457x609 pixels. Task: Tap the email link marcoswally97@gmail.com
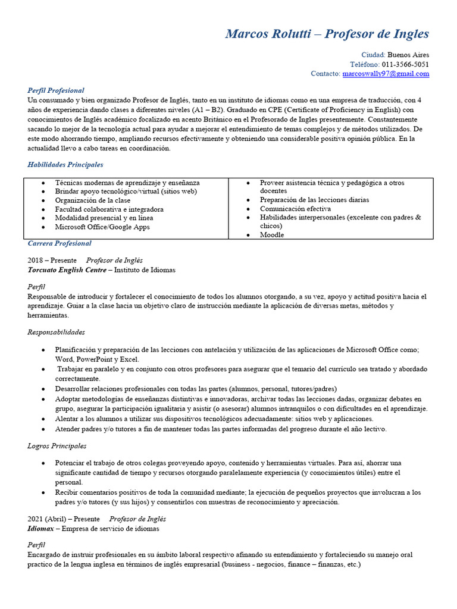click(x=386, y=74)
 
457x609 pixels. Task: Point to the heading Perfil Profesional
click(x=56, y=90)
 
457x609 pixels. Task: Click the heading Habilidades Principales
click(x=65, y=165)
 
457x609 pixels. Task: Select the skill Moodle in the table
click(x=272, y=235)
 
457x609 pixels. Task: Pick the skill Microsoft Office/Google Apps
click(x=102, y=227)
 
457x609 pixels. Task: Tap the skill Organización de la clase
click(x=93, y=200)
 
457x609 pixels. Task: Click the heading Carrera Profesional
click(x=60, y=243)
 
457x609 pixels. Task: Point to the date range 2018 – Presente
click(x=52, y=260)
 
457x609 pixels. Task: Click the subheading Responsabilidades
click(x=57, y=332)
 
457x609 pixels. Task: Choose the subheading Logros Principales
click(x=57, y=445)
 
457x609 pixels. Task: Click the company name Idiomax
click(x=41, y=528)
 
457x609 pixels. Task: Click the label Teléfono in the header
click(x=364, y=64)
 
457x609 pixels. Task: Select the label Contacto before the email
click(x=325, y=74)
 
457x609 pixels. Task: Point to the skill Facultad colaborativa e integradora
click(x=109, y=209)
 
